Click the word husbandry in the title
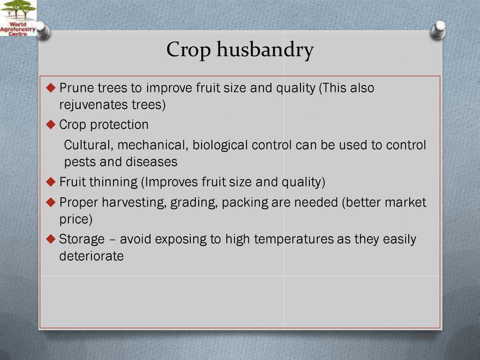point(265,50)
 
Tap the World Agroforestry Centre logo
point(18,18)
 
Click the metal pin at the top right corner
point(438,30)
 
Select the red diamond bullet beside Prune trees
point(51,88)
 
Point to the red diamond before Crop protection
point(51,125)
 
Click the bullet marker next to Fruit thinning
point(51,182)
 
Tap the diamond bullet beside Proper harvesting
point(51,202)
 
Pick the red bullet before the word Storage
point(51,239)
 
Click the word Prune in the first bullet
point(76,88)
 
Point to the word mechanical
point(153,145)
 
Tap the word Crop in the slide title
point(188,50)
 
